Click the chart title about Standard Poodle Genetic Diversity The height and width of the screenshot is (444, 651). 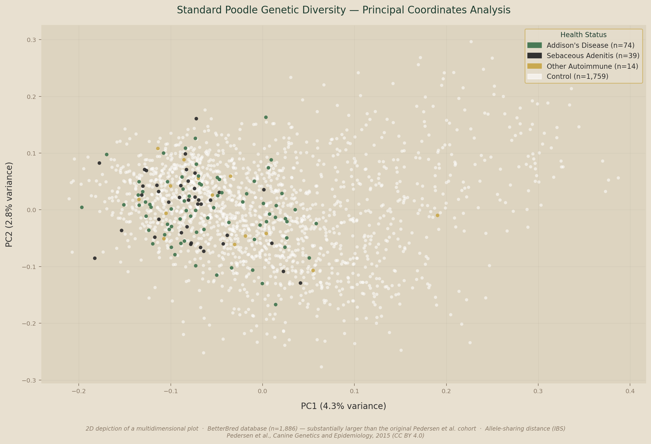click(343, 10)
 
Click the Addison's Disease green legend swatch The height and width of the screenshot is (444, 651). click(535, 45)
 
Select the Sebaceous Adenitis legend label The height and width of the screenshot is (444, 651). click(593, 56)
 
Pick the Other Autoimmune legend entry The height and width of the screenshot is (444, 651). click(592, 66)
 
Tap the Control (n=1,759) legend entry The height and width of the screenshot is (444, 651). click(577, 76)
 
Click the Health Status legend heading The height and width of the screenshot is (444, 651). click(583, 35)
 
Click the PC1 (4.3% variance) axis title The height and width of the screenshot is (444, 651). click(343, 406)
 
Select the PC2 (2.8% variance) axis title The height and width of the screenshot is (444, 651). click(9, 205)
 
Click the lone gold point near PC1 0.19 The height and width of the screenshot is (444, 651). click(437, 215)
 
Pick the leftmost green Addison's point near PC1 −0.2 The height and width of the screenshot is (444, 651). click(82, 207)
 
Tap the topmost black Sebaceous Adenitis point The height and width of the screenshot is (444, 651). click(196, 119)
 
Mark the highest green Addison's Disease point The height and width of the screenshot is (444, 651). click(266, 117)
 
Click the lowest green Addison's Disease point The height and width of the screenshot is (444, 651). click(276, 305)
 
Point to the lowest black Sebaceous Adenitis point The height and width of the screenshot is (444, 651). click(300, 283)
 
